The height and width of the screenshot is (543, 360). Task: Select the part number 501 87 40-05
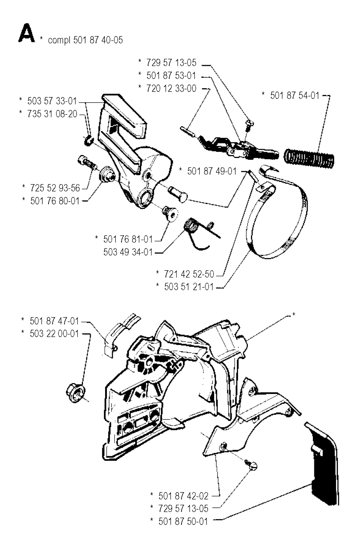pos(98,40)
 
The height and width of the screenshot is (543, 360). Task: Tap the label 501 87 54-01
pos(295,95)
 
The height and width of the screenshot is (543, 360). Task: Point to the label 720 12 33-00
pos(171,88)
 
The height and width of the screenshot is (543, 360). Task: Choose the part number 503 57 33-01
pos(52,101)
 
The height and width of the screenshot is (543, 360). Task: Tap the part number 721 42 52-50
pos(189,274)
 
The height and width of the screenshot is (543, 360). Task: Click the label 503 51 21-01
pos(189,287)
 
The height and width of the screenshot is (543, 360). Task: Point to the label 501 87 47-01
pos(54,321)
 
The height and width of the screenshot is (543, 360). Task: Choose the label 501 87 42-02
pos(183,496)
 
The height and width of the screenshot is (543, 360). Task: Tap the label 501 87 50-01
pos(183,521)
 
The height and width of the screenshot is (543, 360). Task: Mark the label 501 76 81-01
pos(128,239)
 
